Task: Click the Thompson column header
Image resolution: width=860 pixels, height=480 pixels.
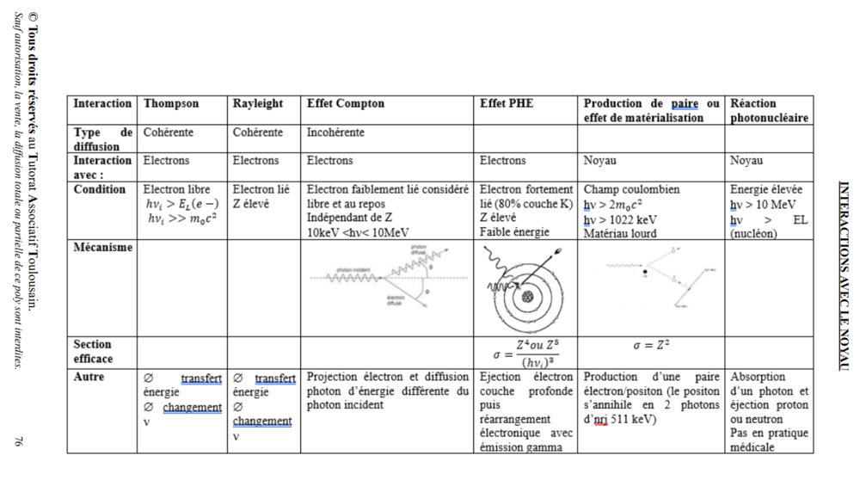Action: pyautogui.click(x=171, y=103)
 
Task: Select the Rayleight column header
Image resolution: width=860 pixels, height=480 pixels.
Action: pyautogui.click(x=257, y=103)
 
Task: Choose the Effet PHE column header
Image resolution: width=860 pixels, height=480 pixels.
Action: pyautogui.click(x=507, y=103)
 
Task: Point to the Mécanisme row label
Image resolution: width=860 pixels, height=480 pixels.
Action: pyautogui.click(x=103, y=248)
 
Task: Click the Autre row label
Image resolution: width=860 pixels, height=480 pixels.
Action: pyautogui.click(x=90, y=377)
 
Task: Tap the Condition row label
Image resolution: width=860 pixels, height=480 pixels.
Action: pyautogui.click(x=100, y=189)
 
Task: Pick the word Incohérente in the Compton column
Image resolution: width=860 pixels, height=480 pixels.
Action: pyautogui.click(x=335, y=132)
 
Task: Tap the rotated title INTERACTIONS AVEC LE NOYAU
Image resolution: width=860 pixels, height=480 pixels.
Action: pyautogui.click(x=843, y=275)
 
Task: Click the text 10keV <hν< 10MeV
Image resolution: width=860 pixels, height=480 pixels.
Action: pyautogui.click(x=356, y=233)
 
